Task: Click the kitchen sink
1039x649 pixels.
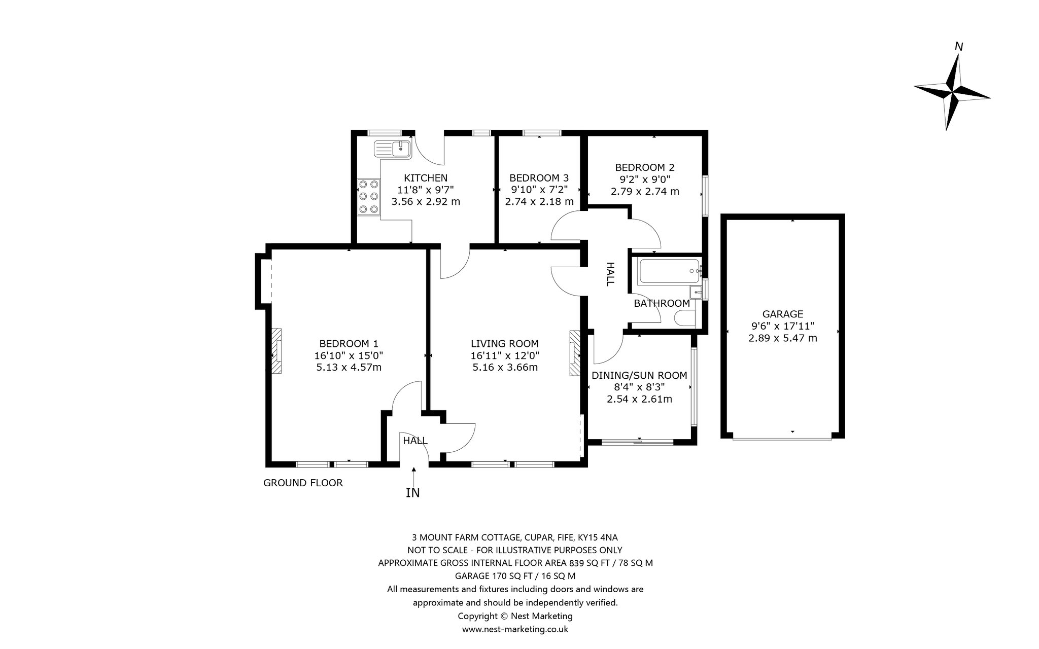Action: pos(392,149)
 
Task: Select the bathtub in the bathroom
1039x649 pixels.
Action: pos(669,271)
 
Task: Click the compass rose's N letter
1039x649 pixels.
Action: pos(959,47)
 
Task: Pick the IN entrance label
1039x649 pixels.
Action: pos(413,492)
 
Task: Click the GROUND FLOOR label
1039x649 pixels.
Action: pos(303,483)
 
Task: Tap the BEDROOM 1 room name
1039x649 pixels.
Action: pos(349,343)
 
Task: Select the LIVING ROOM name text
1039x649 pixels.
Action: pos(504,343)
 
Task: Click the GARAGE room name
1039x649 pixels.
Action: pos(783,314)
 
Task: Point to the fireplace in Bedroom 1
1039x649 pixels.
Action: pos(276,351)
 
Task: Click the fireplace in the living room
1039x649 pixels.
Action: pos(574,353)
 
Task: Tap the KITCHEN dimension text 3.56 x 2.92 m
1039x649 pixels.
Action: pos(426,201)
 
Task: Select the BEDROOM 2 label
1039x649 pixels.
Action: pos(645,167)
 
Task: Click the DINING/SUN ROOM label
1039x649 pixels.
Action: pos(639,376)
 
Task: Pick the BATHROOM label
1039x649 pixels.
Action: pos(662,303)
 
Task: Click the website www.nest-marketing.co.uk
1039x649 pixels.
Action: pos(515,629)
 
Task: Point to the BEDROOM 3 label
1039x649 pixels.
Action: pos(539,178)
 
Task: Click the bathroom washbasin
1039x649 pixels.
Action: pos(696,292)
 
